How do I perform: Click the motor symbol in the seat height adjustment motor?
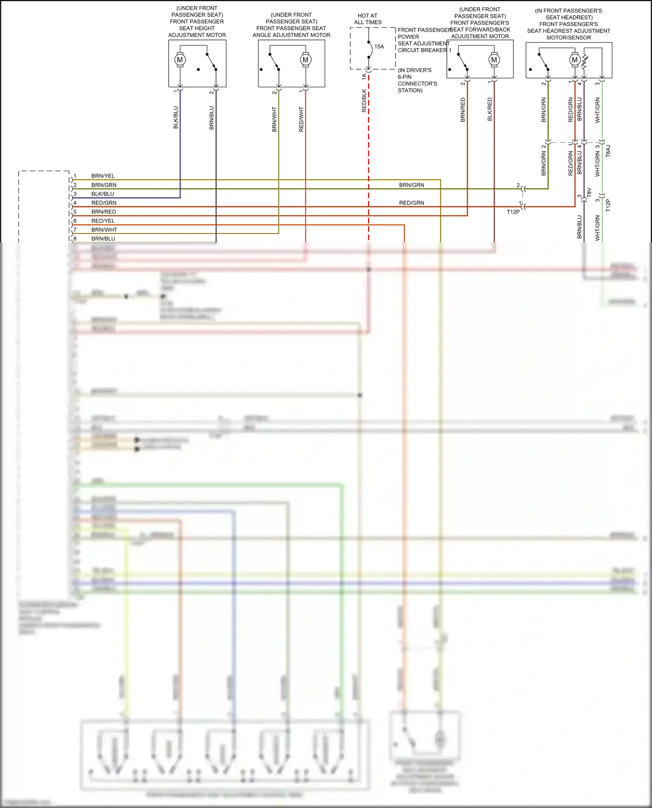tap(180, 60)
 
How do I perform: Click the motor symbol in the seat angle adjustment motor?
tap(306, 60)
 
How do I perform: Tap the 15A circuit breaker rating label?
tap(379, 46)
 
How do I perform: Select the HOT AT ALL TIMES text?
tap(368, 19)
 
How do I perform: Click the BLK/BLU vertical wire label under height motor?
tap(176, 117)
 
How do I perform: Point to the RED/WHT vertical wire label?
tap(301, 119)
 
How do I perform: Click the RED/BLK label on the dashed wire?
tap(364, 101)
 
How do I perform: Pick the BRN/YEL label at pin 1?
tap(103, 176)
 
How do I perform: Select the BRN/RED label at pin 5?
tap(103, 212)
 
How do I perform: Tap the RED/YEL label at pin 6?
tap(103, 221)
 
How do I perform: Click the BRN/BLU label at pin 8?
tap(103, 238)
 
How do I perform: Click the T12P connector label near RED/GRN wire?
tap(513, 212)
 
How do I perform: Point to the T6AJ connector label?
tap(608, 151)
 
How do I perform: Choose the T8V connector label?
tap(589, 193)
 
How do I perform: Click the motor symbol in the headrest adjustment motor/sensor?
tap(575, 60)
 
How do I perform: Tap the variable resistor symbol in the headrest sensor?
tap(585, 62)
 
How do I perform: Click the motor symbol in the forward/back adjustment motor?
tap(494, 60)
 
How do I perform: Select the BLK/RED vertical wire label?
tap(490, 109)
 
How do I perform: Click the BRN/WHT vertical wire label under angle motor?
tap(274, 119)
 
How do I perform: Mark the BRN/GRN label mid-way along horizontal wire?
tap(412, 185)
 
